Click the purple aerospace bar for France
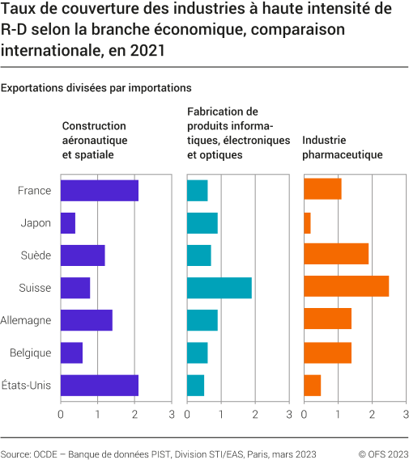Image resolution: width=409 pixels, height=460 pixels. click(x=99, y=191)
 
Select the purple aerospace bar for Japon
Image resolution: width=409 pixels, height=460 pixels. click(x=68, y=223)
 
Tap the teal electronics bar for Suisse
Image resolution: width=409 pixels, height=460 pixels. click(x=219, y=288)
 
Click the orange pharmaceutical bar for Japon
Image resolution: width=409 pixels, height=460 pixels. click(x=307, y=223)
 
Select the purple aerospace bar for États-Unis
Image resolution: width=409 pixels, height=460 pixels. click(x=99, y=385)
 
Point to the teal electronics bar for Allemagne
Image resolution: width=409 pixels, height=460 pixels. click(x=202, y=320)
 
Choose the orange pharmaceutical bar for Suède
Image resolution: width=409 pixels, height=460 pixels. click(x=335, y=255)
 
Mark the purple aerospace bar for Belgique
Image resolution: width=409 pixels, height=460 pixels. click(x=71, y=352)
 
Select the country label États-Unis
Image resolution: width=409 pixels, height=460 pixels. click(x=28, y=385)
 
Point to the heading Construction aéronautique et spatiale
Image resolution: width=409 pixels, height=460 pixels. click(x=95, y=140)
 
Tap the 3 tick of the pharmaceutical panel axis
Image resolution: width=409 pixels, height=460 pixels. click(x=406, y=415)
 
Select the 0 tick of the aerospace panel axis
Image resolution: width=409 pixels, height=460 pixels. click(x=61, y=415)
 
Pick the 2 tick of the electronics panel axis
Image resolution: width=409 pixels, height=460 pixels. click(x=255, y=415)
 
